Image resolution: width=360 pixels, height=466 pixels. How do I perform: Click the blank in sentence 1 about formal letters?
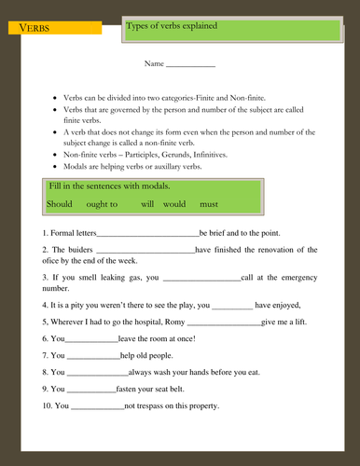coord(147,234)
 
